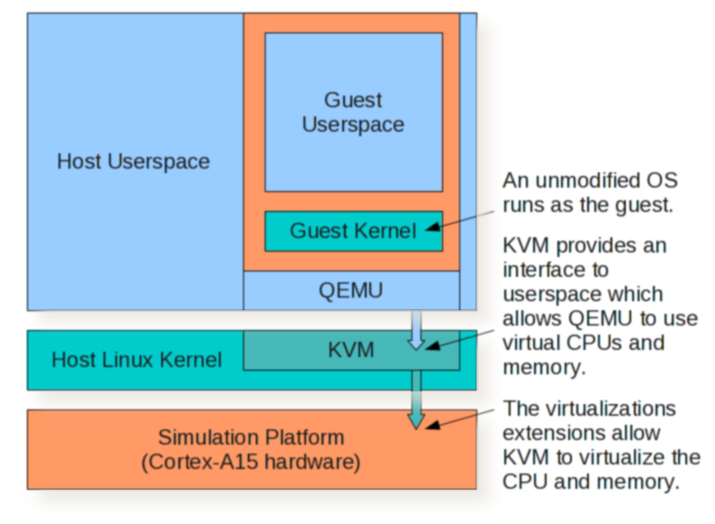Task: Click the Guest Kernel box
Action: point(353,231)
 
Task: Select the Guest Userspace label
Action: point(353,113)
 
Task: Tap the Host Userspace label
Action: point(133,161)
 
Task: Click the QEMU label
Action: point(351,290)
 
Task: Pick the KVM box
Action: point(351,349)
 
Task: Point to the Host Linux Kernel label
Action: point(136,360)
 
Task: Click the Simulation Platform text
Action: point(251,438)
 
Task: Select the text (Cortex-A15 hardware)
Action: point(251,463)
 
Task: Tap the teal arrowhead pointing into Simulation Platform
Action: point(416,418)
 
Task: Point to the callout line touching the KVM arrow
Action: point(463,337)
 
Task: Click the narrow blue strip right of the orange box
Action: point(468,162)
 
